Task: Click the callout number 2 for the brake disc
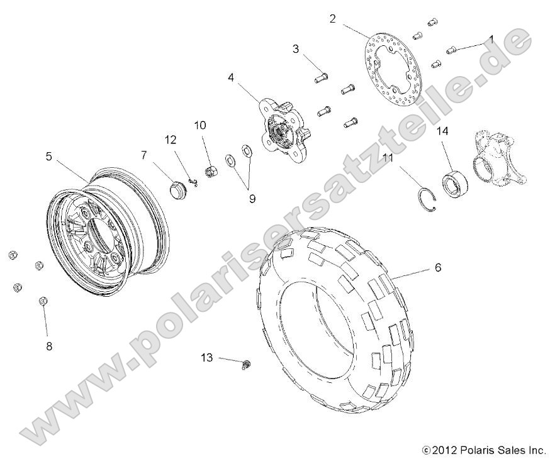coord(332,19)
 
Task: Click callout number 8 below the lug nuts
coord(48,346)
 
